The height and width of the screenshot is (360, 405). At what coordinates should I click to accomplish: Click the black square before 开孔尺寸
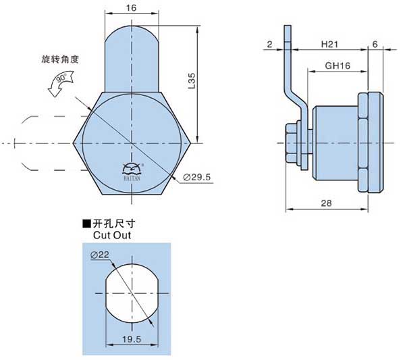pos(86,224)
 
